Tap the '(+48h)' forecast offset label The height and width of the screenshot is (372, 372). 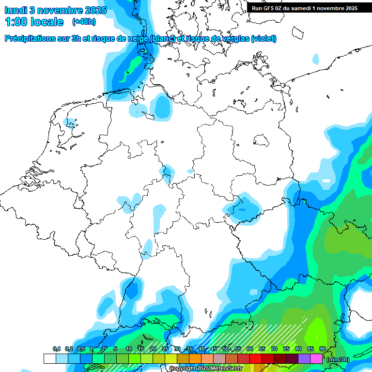[x=83, y=22]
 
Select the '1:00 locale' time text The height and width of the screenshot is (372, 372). [x=34, y=22]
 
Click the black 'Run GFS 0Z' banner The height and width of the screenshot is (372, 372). [x=304, y=8]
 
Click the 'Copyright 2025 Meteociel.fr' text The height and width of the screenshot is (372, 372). [x=205, y=369]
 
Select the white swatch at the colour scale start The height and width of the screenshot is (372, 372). [x=49, y=359]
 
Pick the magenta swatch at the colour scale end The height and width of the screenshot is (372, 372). [x=316, y=359]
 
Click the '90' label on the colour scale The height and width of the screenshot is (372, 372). [x=323, y=349]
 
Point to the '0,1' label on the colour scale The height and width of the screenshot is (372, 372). [x=57, y=349]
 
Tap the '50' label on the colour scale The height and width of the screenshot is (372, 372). [x=226, y=349]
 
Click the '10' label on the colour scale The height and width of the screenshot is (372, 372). [x=129, y=349]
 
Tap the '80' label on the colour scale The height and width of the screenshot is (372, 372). [x=298, y=349]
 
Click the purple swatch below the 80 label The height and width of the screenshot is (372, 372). [x=304, y=359]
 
